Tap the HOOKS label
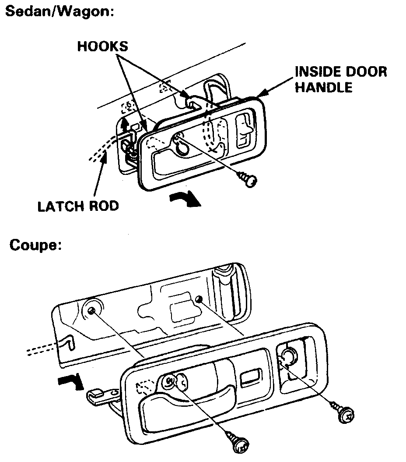[102, 46]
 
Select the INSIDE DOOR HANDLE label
[341, 79]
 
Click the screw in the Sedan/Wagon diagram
[247, 179]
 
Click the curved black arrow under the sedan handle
[185, 199]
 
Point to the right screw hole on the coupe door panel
[199, 299]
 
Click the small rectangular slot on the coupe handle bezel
[249, 377]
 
